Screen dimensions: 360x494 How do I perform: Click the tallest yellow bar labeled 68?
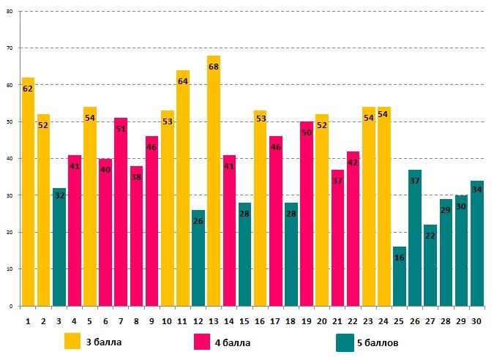(214, 183)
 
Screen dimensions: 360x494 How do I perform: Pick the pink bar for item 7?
(121, 212)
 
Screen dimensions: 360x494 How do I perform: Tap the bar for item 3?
(59, 249)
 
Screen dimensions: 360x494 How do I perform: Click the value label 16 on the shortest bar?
(400, 258)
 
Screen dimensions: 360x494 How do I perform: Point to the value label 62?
(28, 89)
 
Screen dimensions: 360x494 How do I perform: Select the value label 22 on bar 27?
(430, 236)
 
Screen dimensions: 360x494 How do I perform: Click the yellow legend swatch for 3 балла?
(72, 342)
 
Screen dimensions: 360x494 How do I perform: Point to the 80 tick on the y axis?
(9, 12)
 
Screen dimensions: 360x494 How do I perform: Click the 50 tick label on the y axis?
(9, 122)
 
